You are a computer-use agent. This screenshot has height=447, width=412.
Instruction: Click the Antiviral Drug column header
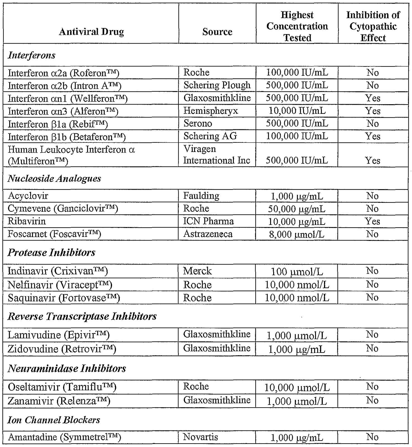(x=91, y=32)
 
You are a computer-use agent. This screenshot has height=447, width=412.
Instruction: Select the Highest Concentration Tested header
(x=297, y=26)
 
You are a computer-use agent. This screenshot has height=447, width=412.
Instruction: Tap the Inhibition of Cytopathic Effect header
(x=373, y=26)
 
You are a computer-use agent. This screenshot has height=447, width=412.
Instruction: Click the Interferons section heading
(x=32, y=55)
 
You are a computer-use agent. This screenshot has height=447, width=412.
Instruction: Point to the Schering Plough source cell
(x=217, y=85)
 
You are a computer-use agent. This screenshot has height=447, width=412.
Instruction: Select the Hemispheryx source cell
(x=211, y=111)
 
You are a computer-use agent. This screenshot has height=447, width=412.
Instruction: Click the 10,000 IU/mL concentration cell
(x=297, y=111)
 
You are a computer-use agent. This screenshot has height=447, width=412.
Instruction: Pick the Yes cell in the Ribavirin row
(x=373, y=221)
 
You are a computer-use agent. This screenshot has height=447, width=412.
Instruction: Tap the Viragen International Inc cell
(x=216, y=155)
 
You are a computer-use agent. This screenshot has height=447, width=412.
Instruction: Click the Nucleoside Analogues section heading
(x=54, y=179)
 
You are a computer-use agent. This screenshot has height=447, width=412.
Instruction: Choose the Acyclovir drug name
(x=28, y=196)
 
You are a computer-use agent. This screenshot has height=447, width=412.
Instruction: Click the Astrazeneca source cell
(x=208, y=234)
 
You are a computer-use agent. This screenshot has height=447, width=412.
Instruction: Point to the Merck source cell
(x=197, y=271)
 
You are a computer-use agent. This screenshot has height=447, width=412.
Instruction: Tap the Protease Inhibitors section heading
(x=51, y=253)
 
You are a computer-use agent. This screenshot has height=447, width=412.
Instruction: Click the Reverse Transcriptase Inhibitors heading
(x=82, y=316)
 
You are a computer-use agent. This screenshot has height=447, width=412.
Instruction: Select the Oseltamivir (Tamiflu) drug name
(x=62, y=387)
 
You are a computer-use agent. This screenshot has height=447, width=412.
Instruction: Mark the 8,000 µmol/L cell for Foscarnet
(x=297, y=234)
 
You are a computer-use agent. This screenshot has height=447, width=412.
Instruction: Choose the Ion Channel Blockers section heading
(x=54, y=420)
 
